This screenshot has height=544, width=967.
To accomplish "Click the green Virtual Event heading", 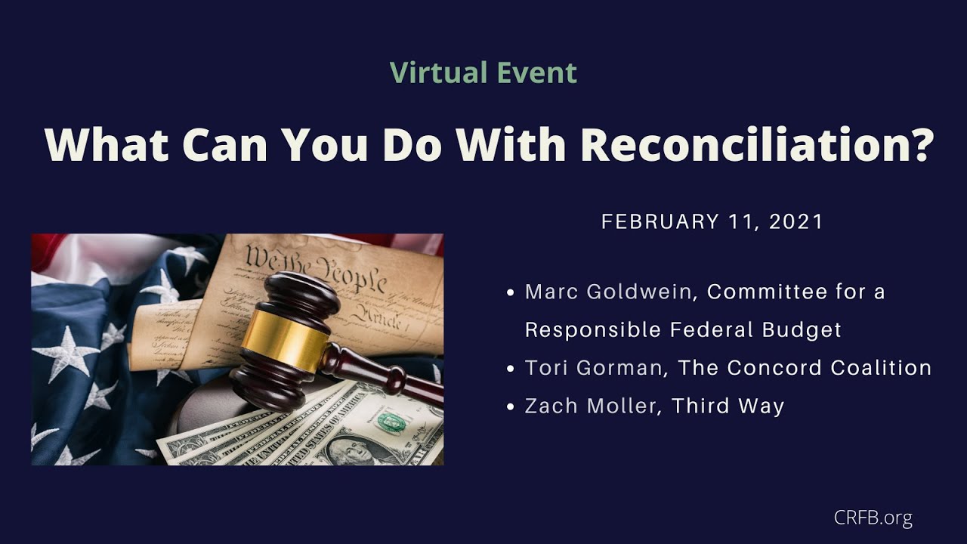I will coord(483,73).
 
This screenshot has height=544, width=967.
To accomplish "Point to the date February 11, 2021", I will coord(712,222).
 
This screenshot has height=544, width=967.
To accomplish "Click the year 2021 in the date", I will coord(796,222).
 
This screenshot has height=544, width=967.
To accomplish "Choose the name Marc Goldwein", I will coord(608,292).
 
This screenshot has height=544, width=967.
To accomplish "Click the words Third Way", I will coord(728,406).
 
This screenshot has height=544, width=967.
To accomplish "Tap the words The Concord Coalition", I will coord(805,368).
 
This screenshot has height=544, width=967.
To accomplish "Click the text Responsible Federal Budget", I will coord(683,330).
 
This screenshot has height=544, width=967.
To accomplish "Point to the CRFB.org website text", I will coord(873,518).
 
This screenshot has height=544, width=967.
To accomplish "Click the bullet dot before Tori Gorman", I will coord(511,369).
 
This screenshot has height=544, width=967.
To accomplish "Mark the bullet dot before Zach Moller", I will coord(511,406).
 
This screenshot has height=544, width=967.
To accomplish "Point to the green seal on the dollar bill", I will coord(390,420).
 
